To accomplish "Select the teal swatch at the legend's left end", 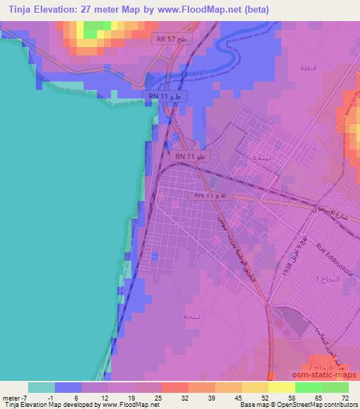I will coord(41,387).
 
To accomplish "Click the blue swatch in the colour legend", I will coord(68,387).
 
